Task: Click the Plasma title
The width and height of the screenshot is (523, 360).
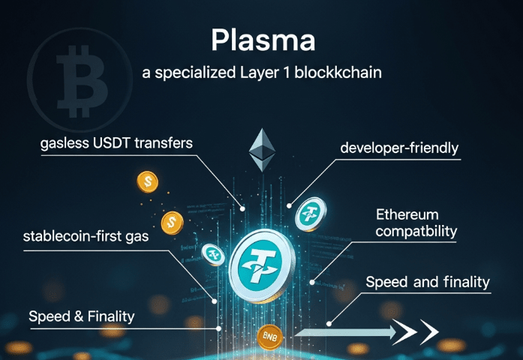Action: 263,40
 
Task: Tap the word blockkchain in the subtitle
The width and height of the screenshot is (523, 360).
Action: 338,72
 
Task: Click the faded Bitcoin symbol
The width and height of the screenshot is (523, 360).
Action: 80,81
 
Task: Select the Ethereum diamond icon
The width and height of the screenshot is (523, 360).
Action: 262,150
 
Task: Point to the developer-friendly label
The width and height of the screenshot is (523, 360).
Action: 399,148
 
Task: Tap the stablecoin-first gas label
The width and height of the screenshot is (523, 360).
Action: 86,236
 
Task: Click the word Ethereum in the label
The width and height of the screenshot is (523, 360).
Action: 407,214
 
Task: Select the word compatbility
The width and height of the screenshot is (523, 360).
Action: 416,231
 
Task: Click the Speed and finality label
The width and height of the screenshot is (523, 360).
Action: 428,282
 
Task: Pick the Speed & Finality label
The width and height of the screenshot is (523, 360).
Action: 82,316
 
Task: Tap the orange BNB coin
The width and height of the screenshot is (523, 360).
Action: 270,337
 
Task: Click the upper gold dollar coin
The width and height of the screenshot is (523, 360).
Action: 147,182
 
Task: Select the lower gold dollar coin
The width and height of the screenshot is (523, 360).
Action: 172,223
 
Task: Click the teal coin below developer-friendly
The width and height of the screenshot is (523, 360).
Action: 311,214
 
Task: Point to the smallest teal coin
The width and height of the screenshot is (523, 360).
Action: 213,255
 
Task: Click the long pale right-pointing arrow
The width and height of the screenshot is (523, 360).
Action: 346,332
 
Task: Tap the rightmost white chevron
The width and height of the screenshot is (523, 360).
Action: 429,332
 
